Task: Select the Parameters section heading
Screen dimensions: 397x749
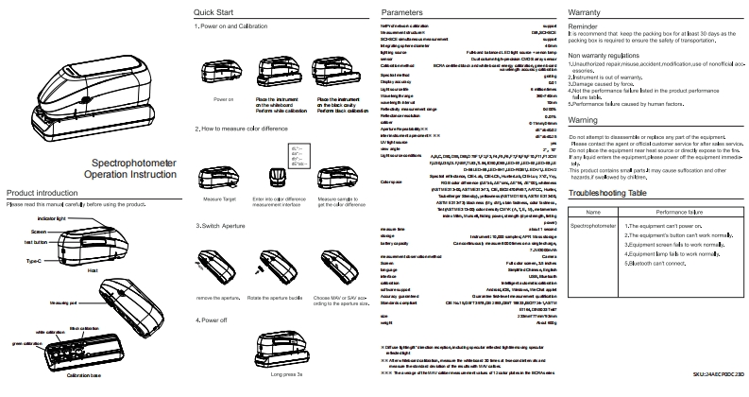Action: tap(405, 11)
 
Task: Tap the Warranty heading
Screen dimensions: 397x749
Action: tap(590, 11)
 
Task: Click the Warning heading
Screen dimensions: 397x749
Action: tap(587, 122)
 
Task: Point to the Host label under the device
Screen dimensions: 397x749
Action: tap(92, 269)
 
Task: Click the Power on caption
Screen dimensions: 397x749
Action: tap(224, 98)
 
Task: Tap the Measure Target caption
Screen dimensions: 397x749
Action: tap(219, 199)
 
